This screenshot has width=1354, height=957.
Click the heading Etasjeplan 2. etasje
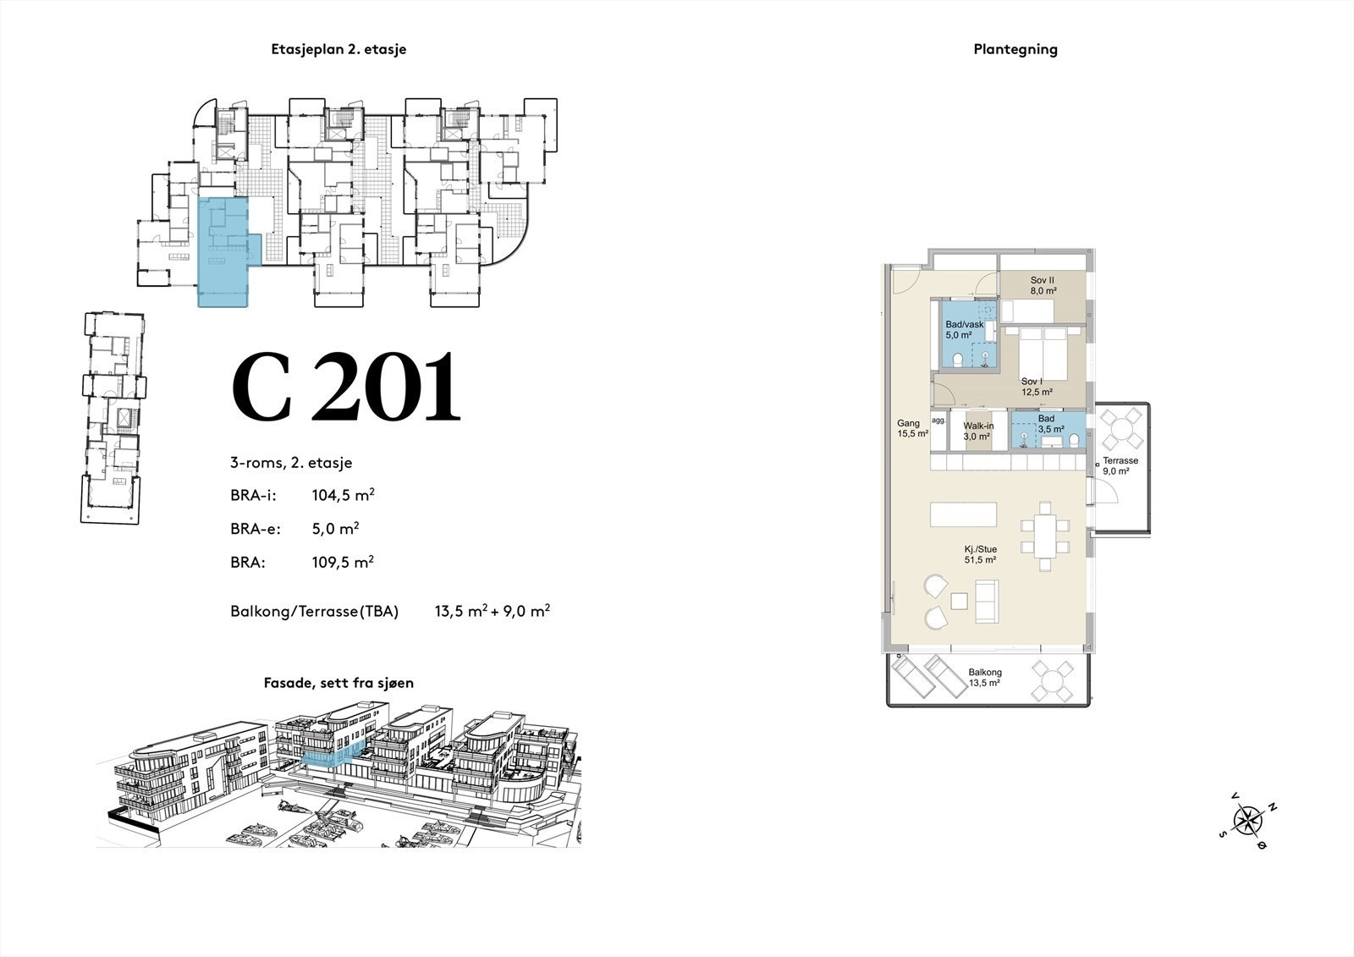[x=338, y=49]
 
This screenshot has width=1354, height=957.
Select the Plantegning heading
[x=1015, y=50]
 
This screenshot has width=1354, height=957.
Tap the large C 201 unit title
[x=346, y=387]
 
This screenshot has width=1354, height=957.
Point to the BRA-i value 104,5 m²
[x=343, y=495]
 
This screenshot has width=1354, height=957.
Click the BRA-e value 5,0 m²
[x=335, y=528]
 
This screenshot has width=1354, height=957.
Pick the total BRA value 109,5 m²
[x=343, y=562]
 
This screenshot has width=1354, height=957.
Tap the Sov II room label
[x=1043, y=285]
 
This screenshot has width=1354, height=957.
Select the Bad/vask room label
[x=964, y=329]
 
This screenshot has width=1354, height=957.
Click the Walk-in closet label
[x=978, y=431]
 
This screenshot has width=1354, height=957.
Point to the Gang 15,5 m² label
[x=912, y=429]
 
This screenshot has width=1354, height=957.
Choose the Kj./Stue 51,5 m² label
[x=981, y=554]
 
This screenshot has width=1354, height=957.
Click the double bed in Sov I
[x=1043, y=354]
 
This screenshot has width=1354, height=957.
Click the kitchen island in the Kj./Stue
[x=964, y=514]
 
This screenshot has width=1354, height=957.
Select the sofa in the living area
[x=987, y=602]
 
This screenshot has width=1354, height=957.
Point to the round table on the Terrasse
[x=1121, y=429]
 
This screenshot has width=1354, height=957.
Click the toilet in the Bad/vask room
[x=957, y=360]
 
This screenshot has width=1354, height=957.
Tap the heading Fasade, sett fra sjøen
[x=338, y=683]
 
